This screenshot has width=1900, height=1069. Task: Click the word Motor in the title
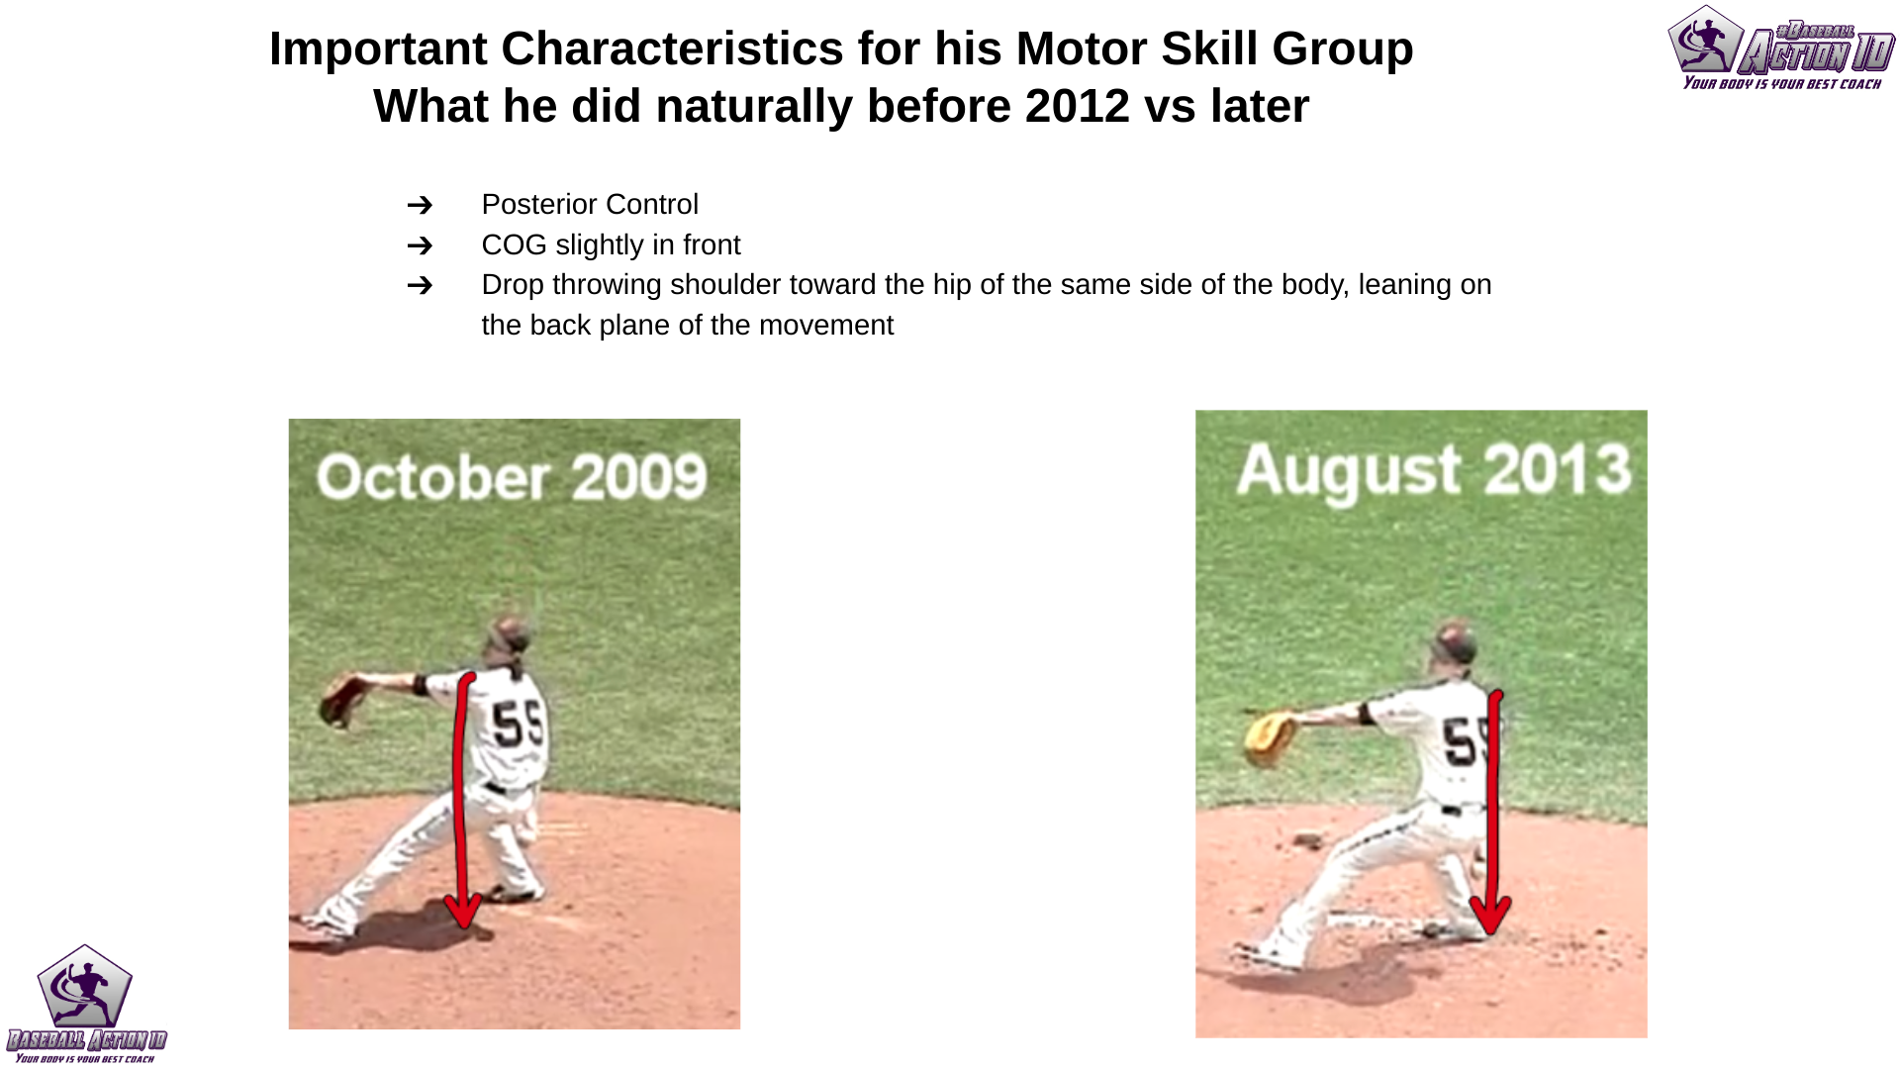click(1081, 49)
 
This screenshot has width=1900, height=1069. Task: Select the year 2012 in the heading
click(1077, 106)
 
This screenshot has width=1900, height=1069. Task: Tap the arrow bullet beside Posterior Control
click(420, 205)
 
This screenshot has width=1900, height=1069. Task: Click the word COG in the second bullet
click(514, 244)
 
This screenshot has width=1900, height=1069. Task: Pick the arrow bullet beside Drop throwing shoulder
click(420, 285)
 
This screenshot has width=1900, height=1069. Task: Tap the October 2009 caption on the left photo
click(512, 477)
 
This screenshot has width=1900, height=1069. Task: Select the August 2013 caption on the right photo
click(1433, 469)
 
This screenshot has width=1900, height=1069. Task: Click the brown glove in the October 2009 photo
click(341, 700)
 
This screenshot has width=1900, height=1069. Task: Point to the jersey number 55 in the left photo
click(519, 724)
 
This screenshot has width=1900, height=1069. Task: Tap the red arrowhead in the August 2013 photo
click(1490, 917)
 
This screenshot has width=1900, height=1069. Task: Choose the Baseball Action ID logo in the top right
click(1780, 48)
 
